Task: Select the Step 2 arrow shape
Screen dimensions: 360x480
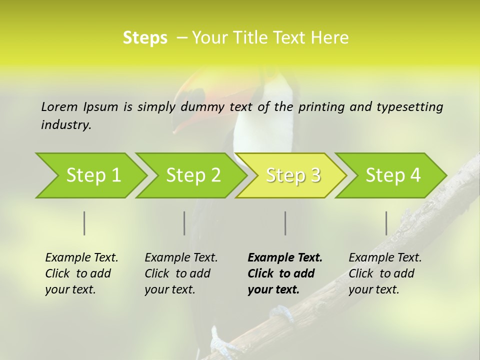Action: pyautogui.click(x=193, y=175)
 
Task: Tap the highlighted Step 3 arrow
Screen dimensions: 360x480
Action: pyautogui.click(x=293, y=175)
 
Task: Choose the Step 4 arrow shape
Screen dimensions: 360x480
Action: pyautogui.click(x=393, y=175)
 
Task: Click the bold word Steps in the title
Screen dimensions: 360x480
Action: pyautogui.click(x=145, y=38)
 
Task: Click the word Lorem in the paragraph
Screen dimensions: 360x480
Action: pyautogui.click(x=59, y=106)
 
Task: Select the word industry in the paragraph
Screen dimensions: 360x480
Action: pyautogui.click(x=66, y=125)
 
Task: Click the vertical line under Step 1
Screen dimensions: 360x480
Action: pyautogui.click(x=84, y=223)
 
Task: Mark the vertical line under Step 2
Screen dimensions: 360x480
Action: pyautogui.click(x=184, y=223)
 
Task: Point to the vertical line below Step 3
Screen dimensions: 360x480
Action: pyautogui.click(x=285, y=223)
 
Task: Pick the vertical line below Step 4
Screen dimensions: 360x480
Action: pyautogui.click(x=386, y=223)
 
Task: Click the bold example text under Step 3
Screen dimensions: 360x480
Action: pyautogui.click(x=285, y=273)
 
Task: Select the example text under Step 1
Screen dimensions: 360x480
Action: pyautogui.click(x=81, y=273)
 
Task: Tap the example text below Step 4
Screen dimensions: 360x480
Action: pyautogui.click(x=385, y=273)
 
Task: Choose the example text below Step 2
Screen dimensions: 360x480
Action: pyautogui.click(x=181, y=273)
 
